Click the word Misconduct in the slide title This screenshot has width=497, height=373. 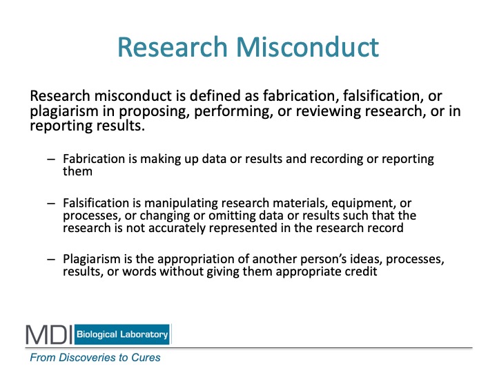307,47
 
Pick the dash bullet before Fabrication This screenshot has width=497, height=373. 51,160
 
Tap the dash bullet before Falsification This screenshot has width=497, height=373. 51,203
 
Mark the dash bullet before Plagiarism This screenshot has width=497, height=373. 51,260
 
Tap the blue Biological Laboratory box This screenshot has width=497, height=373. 122,334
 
